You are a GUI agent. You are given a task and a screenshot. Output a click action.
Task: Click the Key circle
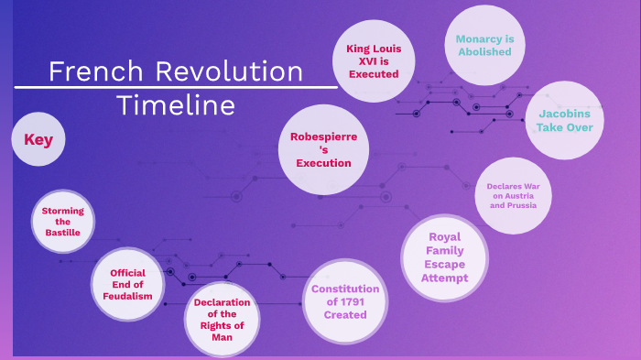[x=38, y=140]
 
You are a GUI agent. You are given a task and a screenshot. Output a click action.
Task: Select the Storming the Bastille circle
[x=62, y=222]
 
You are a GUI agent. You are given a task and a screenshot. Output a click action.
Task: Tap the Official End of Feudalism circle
[x=127, y=285]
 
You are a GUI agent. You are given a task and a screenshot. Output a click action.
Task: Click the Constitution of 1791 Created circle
[x=344, y=301]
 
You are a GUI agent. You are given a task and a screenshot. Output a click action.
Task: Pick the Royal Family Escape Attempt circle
[x=445, y=257]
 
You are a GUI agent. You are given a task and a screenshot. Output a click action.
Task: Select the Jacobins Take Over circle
[x=565, y=121]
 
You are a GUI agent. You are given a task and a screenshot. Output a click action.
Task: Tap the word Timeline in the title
[x=176, y=105]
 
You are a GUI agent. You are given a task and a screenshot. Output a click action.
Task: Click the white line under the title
[x=176, y=88]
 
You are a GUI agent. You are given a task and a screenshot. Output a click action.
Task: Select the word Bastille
[x=63, y=233]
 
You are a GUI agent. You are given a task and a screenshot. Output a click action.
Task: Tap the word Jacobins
[x=565, y=115]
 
